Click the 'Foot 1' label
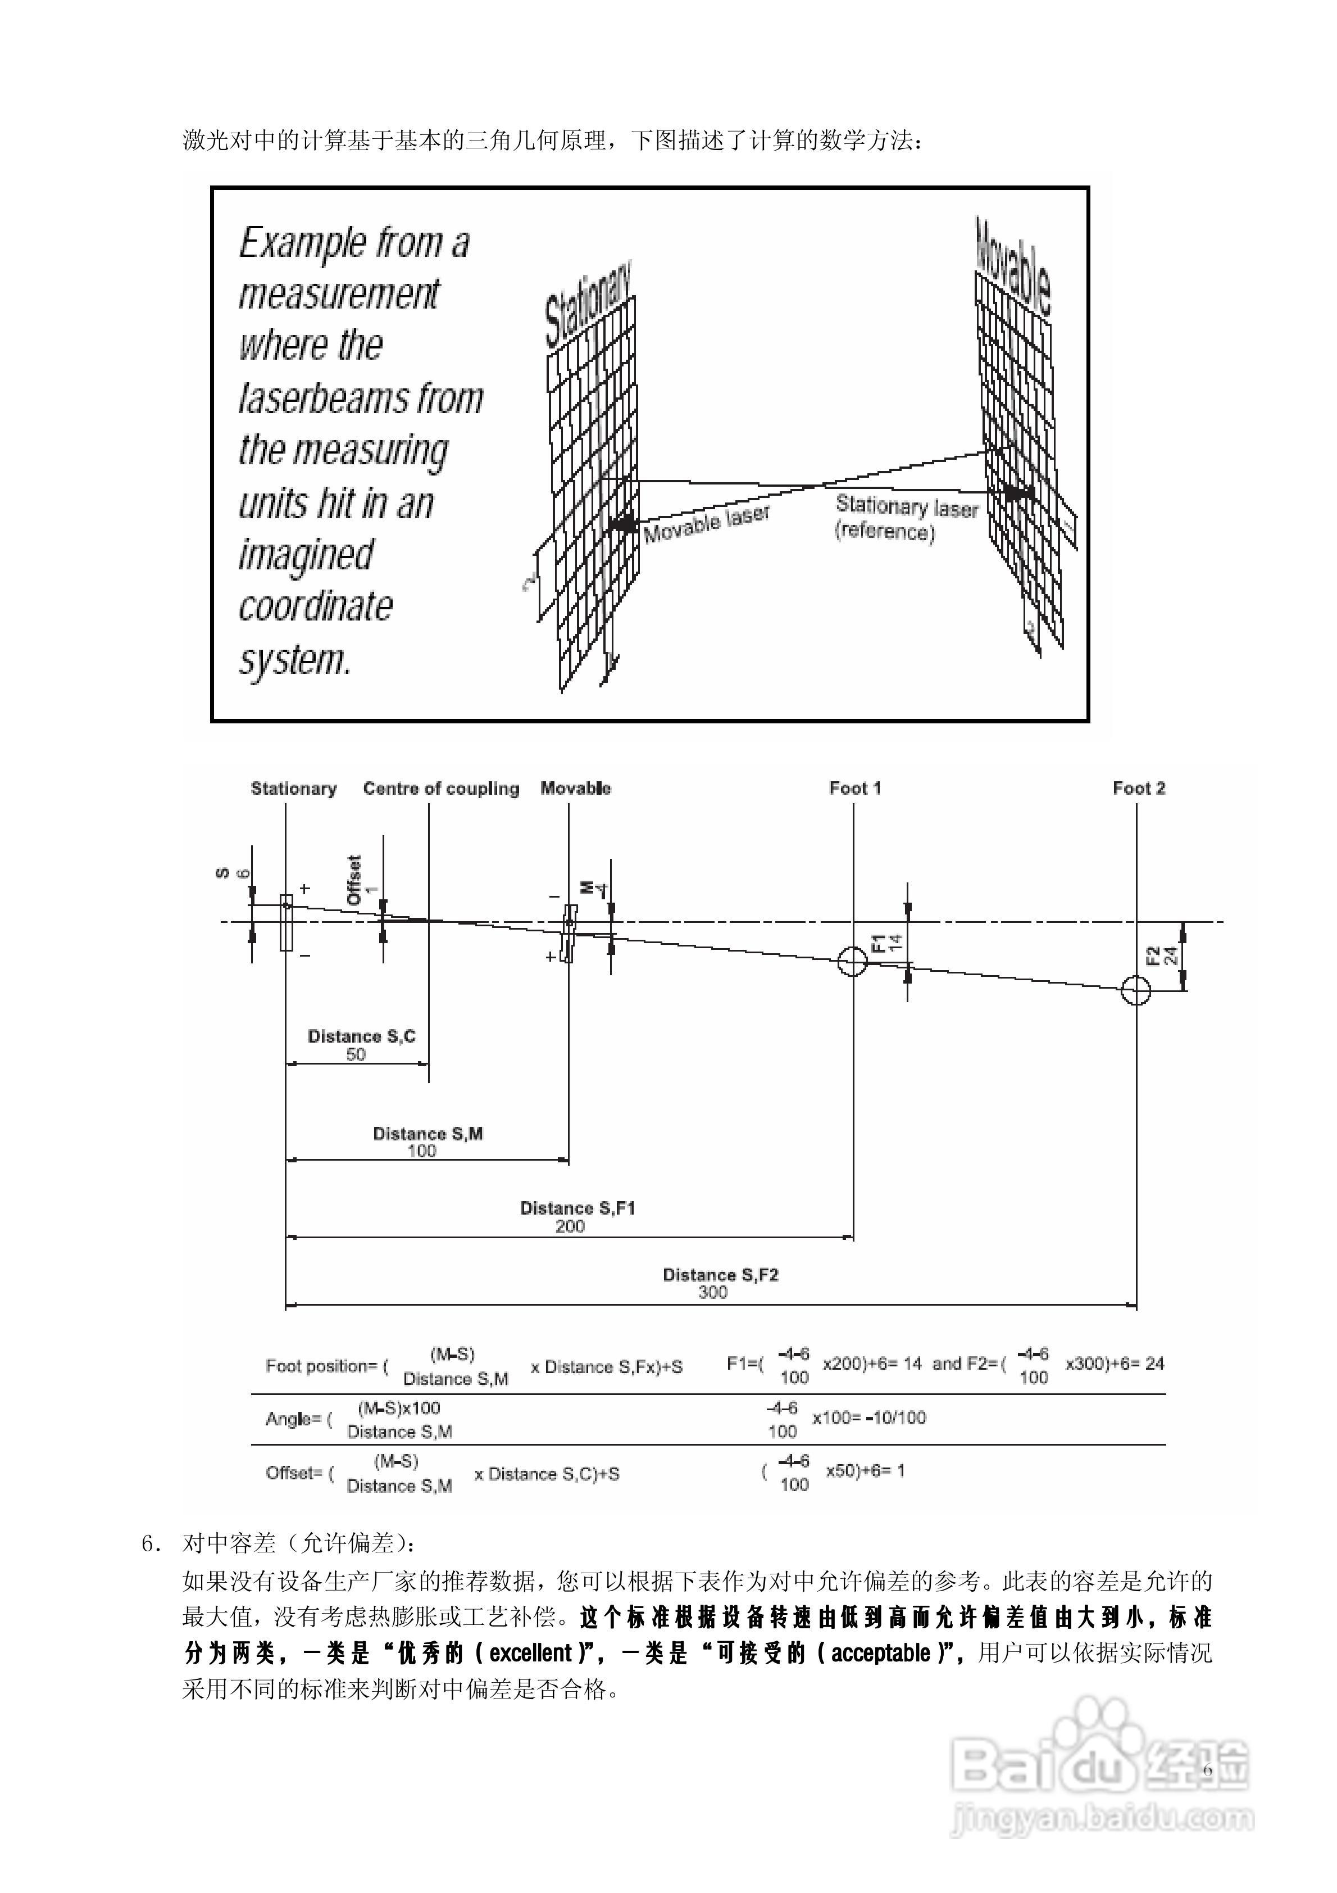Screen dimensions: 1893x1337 855,788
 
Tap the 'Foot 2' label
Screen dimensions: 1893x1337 1138,788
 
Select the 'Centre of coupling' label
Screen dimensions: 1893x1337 441,788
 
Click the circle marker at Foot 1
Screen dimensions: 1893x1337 852,961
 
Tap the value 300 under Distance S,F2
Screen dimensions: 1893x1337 713,1292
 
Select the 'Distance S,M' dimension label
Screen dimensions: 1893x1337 428,1134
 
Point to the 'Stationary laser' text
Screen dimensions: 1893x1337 907,506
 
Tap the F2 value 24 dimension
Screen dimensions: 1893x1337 1170,957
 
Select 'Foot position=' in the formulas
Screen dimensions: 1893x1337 321,1366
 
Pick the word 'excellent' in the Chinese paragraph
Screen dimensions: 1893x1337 531,1653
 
